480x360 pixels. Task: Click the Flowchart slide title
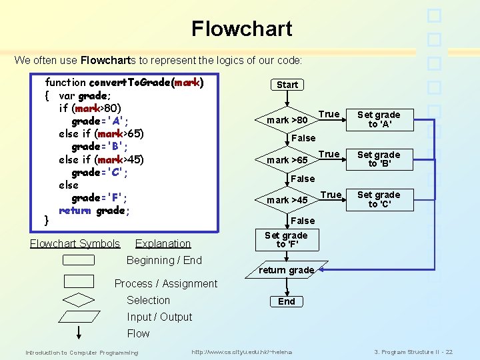(241, 29)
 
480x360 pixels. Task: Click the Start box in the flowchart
(287, 85)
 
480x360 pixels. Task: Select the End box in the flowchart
(287, 301)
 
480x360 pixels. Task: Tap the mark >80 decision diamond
(287, 121)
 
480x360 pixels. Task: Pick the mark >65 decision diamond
(287, 161)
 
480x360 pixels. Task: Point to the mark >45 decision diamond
(287, 200)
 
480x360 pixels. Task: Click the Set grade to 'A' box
(379, 119)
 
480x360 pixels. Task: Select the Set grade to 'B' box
(379, 159)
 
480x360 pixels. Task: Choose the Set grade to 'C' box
(379, 199)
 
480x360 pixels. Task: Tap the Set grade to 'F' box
(286, 240)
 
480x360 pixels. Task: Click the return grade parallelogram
(286, 270)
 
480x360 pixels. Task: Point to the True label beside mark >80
(329, 114)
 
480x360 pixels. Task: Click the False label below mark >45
(303, 221)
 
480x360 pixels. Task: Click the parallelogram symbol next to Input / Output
(79, 317)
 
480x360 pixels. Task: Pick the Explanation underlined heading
(163, 244)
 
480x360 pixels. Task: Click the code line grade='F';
(99, 198)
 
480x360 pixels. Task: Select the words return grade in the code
(94, 211)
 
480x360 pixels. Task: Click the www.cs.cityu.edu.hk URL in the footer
(241, 352)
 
